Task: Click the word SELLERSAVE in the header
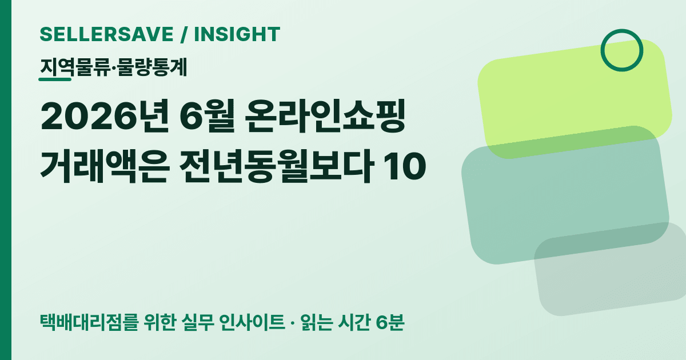click(x=106, y=34)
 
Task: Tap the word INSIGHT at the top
click(x=237, y=34)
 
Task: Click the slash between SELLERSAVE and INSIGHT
click(x=184, y=34)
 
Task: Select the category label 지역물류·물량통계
click(x=113, y=67)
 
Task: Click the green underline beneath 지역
click(x=55, y=79)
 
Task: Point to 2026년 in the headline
click(x=105, y=117)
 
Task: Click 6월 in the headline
click(x=207, y=117)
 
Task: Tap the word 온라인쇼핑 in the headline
click(x=325, y=117)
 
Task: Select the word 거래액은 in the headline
click(x=105, y=166)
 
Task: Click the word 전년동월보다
click(x=276, y=166)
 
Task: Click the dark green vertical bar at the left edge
click(x=6, y=180)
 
